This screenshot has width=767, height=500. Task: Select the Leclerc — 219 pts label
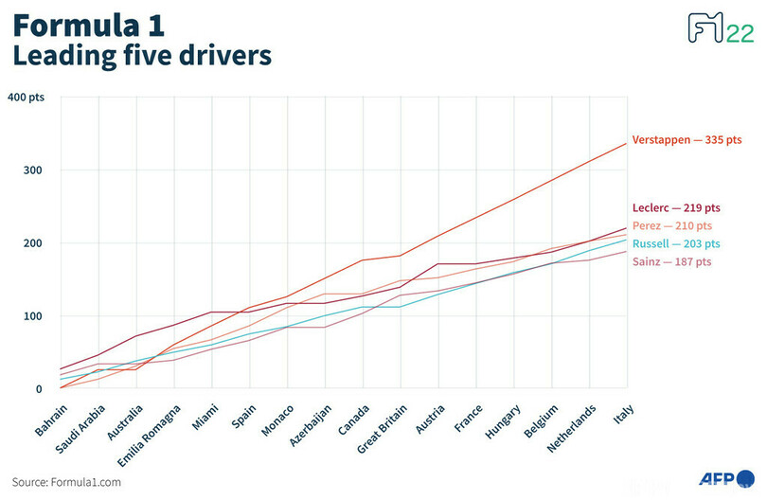coord(676,208)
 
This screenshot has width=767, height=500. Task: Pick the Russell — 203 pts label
coord(676,243)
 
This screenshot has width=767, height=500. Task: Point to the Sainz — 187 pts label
coord(671,261)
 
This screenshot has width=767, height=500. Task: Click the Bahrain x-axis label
coord(51,419)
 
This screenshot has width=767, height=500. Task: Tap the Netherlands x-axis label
coord(574,427)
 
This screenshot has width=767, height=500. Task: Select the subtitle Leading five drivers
coord(141,56)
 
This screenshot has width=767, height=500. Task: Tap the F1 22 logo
coord(720,28)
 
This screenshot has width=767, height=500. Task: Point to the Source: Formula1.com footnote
coord(66,482)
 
